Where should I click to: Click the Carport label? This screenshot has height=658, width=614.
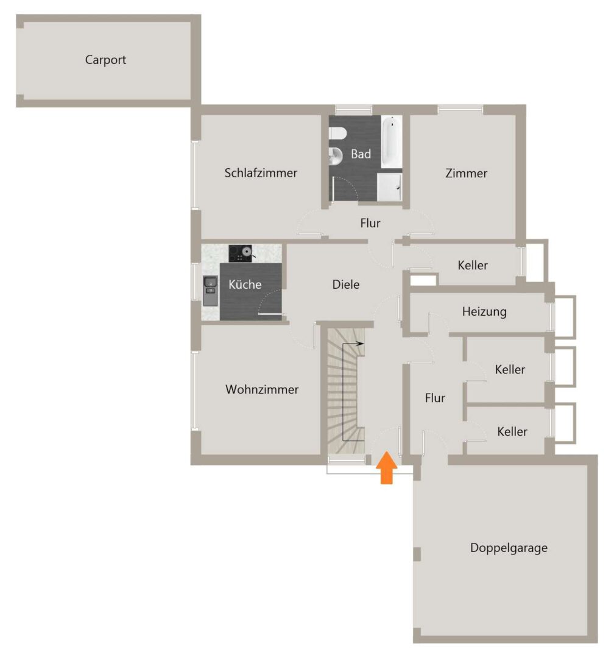[105, 60]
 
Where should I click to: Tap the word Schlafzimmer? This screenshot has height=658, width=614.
[261, 173]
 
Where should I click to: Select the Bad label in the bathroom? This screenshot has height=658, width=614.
[361, 154]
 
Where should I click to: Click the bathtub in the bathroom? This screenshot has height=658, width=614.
[392, 142]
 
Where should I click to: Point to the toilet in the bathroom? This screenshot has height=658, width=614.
[337, 133]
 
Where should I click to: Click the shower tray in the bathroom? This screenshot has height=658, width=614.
[389, 187]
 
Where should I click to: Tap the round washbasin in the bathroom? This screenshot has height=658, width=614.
[336, 157]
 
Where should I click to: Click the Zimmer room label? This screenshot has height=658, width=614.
[466, 173]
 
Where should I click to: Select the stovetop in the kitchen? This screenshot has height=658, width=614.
[241, 253]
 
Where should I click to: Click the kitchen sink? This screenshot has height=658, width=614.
[210, 291]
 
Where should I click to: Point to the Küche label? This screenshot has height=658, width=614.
[245, 285]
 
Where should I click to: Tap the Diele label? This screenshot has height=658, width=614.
[346, 285]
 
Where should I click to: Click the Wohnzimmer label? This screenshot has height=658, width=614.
[262, 389]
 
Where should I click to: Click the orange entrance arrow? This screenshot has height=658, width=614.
[387, 468]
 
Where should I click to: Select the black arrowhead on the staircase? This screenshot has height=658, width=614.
[360, 344]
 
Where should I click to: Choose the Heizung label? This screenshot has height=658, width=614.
[484, 312]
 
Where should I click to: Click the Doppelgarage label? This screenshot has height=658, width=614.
[509, 548]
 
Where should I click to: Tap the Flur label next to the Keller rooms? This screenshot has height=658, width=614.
[435, 398]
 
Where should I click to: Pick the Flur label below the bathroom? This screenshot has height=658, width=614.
[370, 223]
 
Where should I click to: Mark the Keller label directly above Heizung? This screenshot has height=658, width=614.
[473, 265]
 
